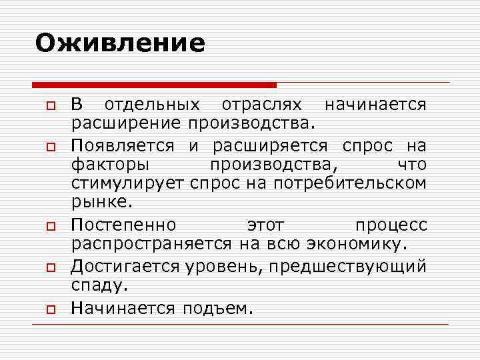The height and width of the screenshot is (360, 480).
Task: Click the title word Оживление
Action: pos(120,43)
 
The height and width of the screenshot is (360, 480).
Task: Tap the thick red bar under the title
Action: pos(154,85)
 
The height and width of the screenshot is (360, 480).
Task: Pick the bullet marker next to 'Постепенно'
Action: pos(50,227)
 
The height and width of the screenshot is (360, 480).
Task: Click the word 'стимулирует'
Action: pos(128,183)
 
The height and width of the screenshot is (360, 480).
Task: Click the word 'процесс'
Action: pos(391,225)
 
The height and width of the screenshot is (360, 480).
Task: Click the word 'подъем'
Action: pos(215,308)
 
